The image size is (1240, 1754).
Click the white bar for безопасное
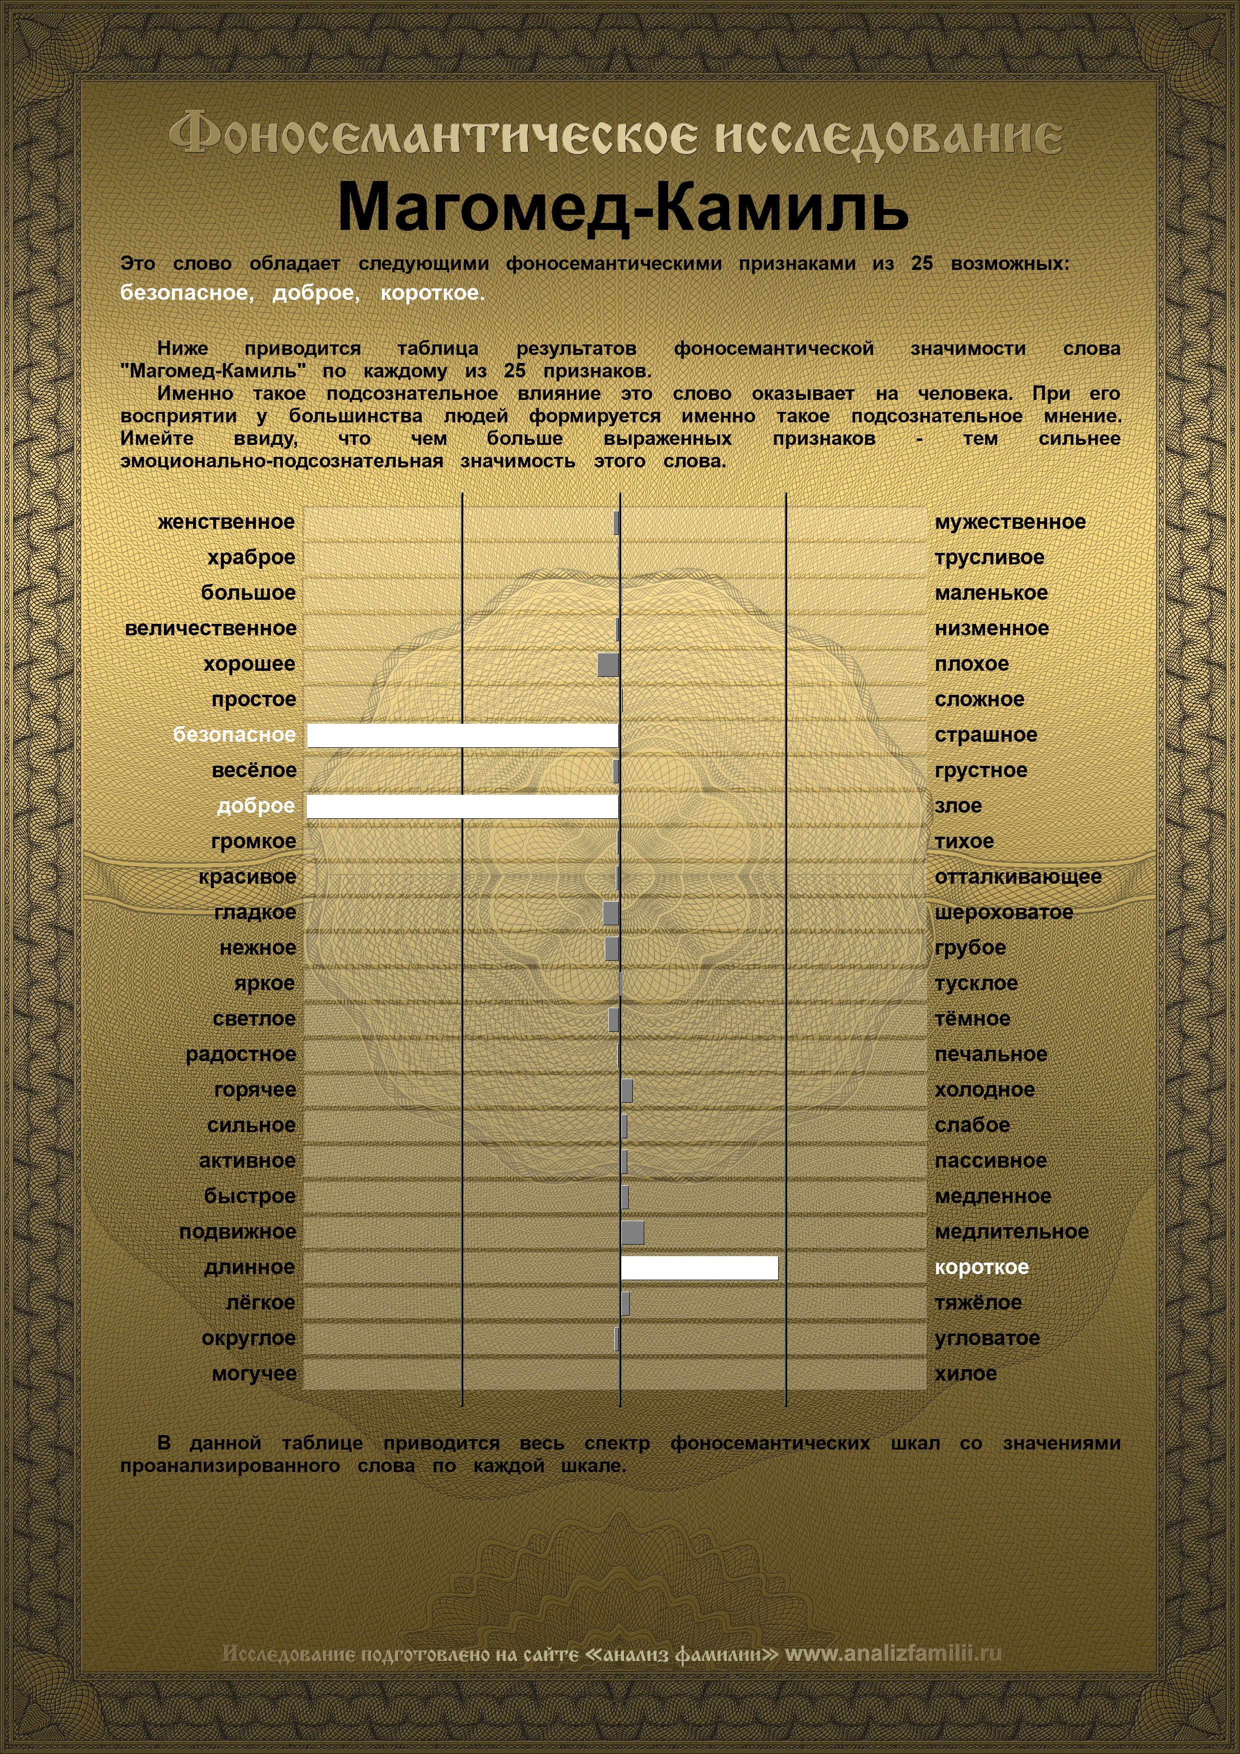pos(462,736)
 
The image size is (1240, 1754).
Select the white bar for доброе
pos(462,807)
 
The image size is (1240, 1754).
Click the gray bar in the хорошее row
pos(608,665)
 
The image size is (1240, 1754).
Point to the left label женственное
pos(226,522)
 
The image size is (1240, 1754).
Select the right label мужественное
pos(1009,522)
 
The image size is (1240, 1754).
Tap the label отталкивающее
pos(1018,877)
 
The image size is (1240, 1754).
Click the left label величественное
pos(210,629)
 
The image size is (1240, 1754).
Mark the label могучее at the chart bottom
pos(254,1374)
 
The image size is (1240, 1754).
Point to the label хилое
pos(966,1374)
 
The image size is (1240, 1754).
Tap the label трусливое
pos(989,558)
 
